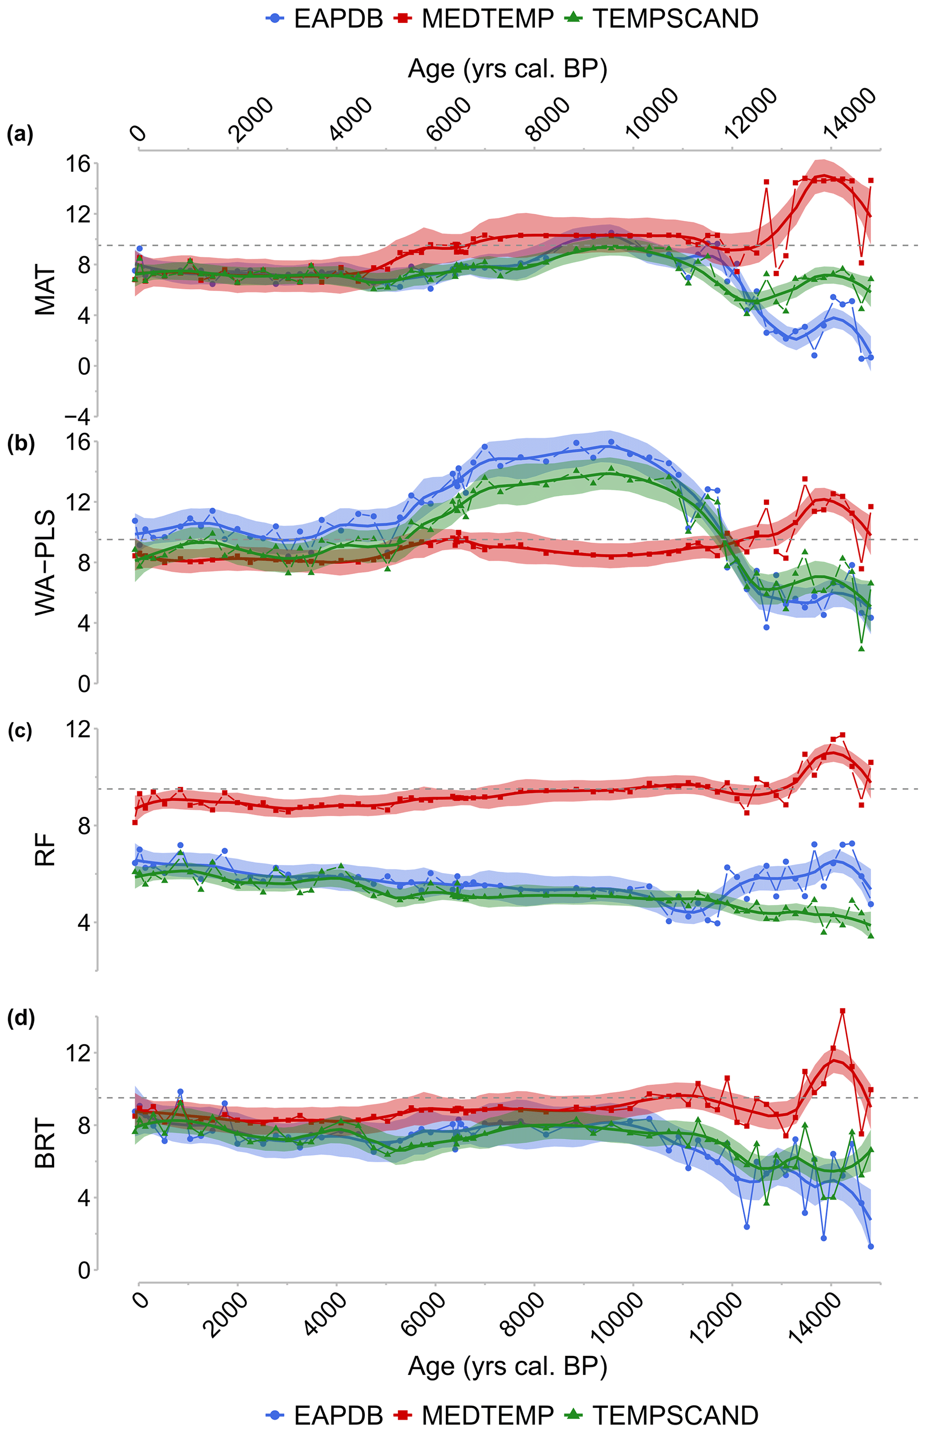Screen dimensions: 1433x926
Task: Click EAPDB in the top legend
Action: pos(338,19)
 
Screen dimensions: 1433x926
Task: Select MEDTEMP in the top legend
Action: pos(487,19)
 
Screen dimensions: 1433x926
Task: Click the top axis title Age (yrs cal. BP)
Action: pos(508,69)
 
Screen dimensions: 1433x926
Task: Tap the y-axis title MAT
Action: pos(46,292)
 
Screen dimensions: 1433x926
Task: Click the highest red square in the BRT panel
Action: pos(842,1012)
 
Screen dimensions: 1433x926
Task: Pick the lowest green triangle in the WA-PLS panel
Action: pos(861,648)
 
